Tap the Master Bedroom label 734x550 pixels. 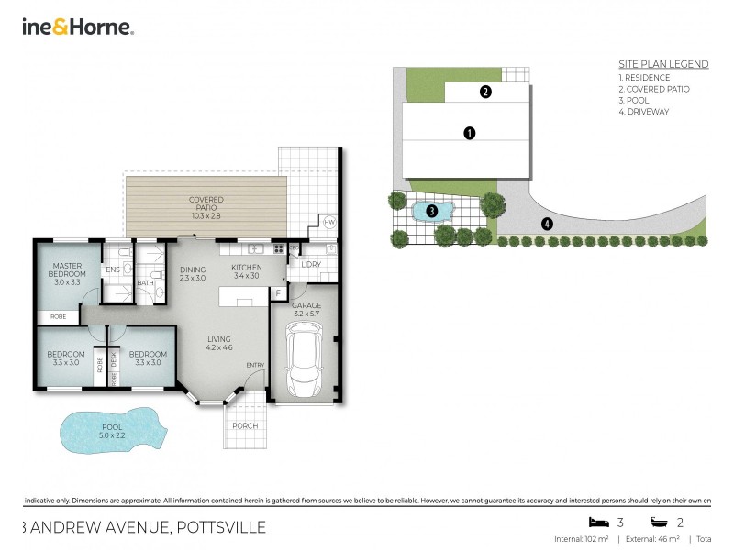(68, 274)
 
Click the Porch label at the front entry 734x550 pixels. (245, 426)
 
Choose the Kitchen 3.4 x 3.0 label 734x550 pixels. (246, 272)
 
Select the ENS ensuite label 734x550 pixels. (113, 269)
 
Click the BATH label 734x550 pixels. (146, 282)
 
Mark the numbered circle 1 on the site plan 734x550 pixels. (469, 133)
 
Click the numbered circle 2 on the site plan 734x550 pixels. (485, 91)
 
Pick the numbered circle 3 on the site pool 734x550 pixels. (431, 212)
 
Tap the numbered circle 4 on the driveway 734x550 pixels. (547, 223)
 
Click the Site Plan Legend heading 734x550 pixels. (663, 64)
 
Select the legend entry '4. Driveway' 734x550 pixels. (644, 112)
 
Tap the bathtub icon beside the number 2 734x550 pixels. (659, 522)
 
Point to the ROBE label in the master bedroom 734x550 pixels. (58, 316)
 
